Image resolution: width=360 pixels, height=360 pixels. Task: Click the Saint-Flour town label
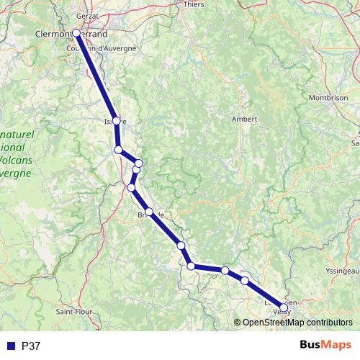(x=73, y=312)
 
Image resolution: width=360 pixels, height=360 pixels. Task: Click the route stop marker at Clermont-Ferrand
(x=76, y=32)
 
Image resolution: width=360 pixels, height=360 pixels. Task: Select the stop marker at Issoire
(x=117, y=121)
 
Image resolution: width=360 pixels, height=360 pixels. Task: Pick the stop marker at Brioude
(x=149, y=212)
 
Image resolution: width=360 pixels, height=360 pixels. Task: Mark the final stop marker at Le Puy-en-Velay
(x=283, y=307)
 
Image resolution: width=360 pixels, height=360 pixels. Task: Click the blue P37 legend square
(x=11, y=346)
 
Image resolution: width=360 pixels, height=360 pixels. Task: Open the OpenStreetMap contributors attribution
(x=297, y=322)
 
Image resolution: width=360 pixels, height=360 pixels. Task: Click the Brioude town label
(x=156, y=215)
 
